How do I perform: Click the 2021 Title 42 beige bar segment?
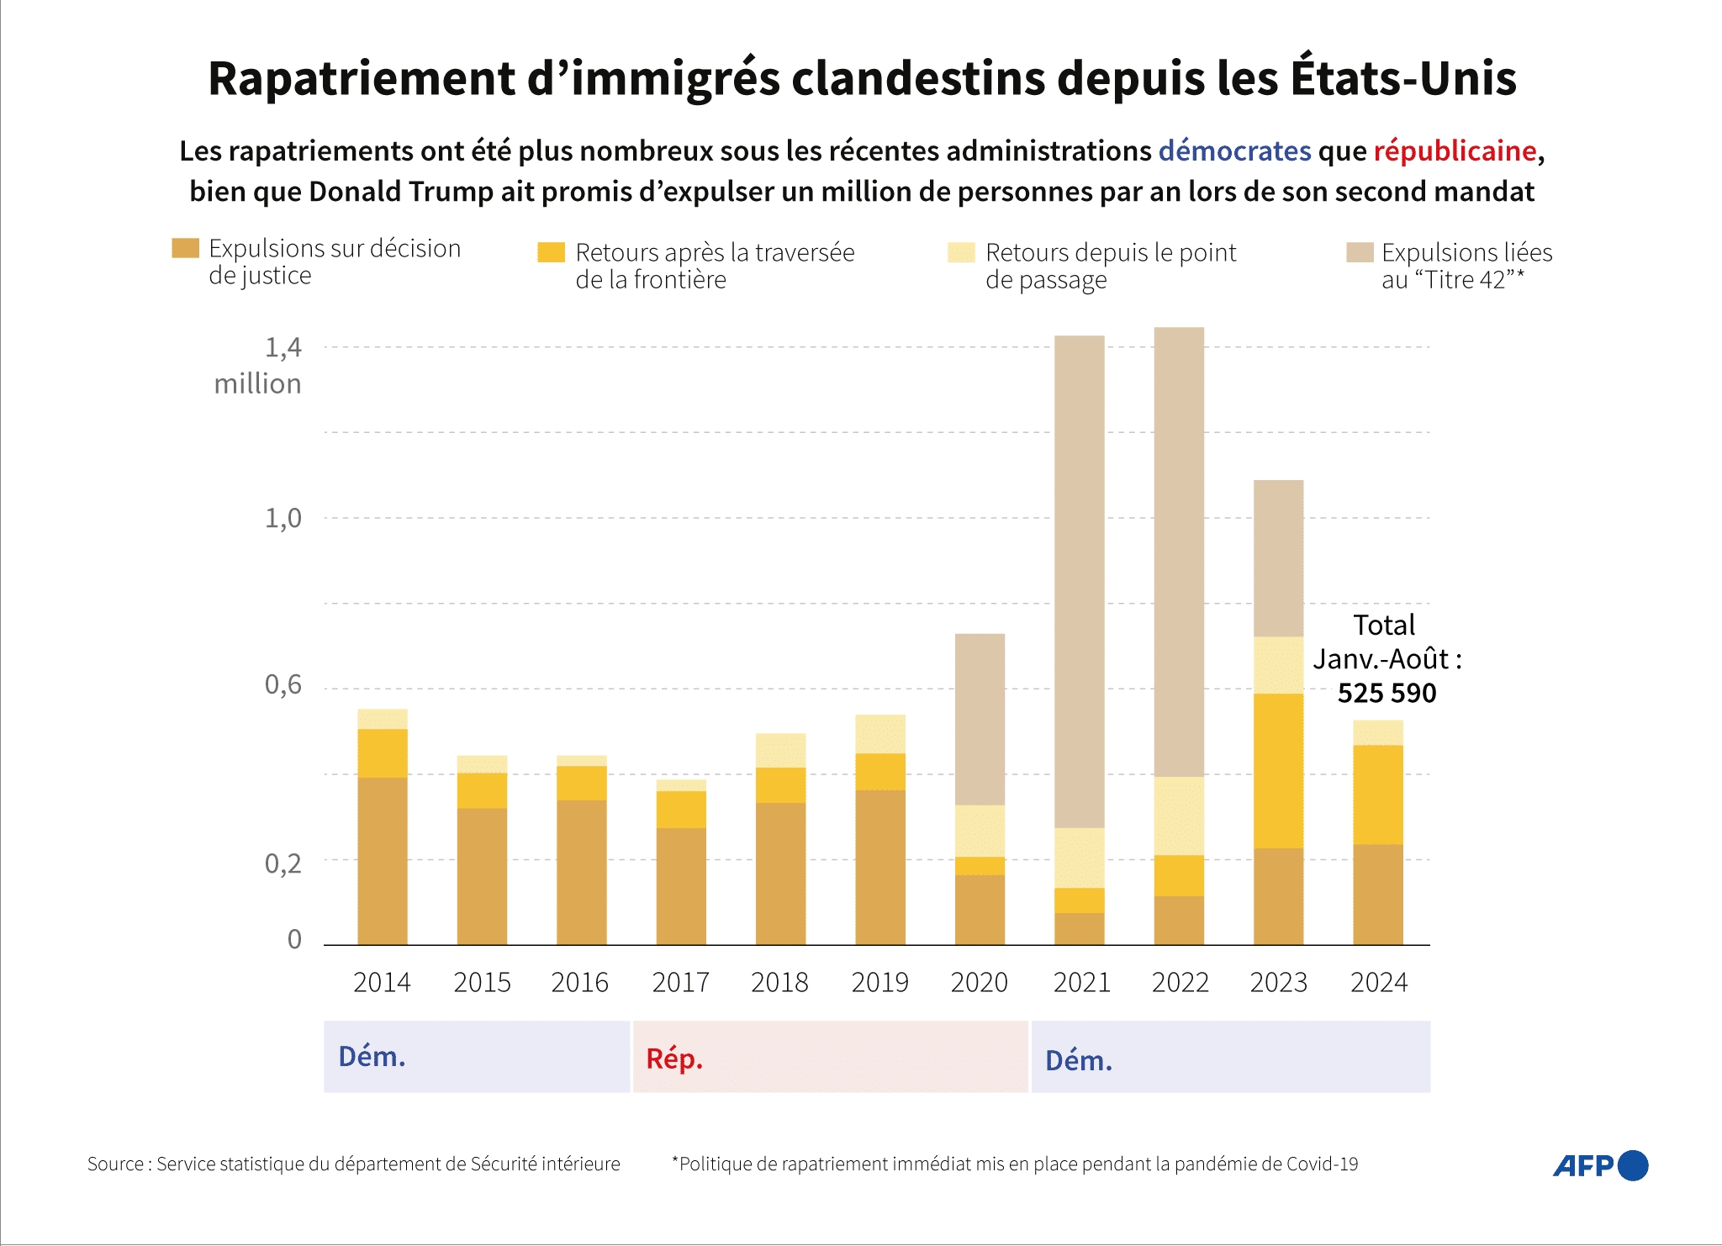point(1079,580)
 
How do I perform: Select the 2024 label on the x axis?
point(1378,982)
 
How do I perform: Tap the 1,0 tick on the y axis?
point(283,518)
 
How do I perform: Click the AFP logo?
point(1599,1165)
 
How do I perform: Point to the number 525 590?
point(1387,693)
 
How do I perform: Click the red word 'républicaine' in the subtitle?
point(1455,150)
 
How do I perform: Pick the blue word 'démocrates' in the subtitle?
point(1234,150)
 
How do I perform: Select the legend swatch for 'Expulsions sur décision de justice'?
point(185,248)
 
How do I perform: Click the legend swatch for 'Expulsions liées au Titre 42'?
point(1359,252)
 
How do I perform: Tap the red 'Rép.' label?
point(674,1059)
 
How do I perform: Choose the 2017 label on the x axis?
point(680,982)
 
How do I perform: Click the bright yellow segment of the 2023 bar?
point(1278,769)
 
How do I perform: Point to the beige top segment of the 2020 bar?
point(980,719)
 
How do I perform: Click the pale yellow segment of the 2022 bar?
point(1179,815)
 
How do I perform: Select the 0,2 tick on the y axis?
point(283,863)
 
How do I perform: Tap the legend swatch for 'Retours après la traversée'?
point(551,252)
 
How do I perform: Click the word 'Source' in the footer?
point(115,1164)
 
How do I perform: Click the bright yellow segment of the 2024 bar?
point(1377,795)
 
